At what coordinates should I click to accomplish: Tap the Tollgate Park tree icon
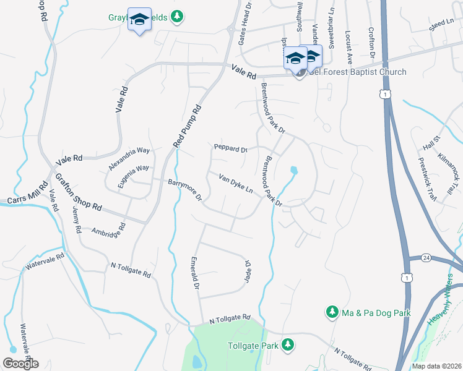tap(287, 344)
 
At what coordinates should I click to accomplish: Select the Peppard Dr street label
tap(230, 149)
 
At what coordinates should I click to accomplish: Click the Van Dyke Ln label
tap(236, 184)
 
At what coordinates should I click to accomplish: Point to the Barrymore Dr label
tap(186, 190)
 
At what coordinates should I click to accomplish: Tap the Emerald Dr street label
tap(195, 274)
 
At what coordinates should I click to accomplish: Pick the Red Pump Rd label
tap(188, 126)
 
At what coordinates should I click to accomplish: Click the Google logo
tap(20, 364)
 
